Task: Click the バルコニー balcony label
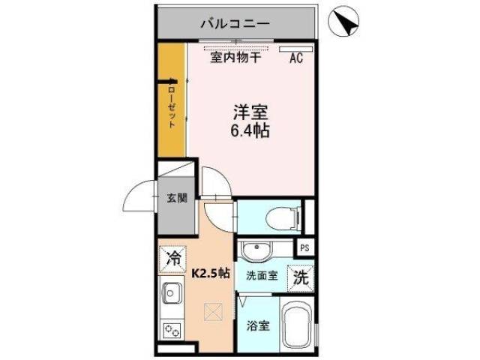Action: [235, 25]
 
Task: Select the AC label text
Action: [295, 58]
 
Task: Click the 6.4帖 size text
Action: [250, 131]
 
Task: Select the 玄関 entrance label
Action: [176, 199]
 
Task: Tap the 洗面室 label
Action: [262, 275]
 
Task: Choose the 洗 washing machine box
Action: [300, 275]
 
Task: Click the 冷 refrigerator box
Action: [173, 259]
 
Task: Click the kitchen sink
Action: [171, 292]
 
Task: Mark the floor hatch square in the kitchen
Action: [213, 310]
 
